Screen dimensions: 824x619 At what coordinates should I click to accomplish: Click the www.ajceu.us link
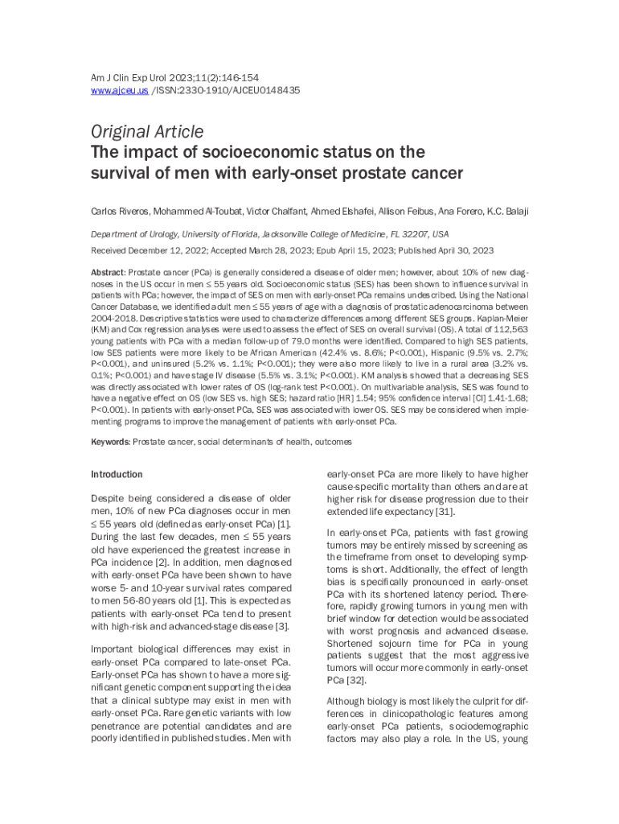[109, 91]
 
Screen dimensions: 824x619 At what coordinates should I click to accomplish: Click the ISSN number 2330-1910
[190, 91]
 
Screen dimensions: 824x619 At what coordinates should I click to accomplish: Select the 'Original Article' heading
[146, 131]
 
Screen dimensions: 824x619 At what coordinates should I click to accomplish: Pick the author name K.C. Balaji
[508, 212]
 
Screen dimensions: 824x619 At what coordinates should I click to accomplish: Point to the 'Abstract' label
[108, 272]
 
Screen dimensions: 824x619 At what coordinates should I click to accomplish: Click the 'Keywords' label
[110, 442]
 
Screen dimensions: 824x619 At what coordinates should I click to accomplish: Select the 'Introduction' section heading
[117, 475]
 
